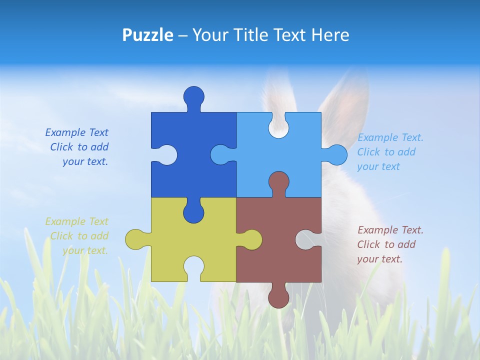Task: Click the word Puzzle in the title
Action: coord(148,35)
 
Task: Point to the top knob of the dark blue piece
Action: coord(194,96)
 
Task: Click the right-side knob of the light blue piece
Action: coord(336,154)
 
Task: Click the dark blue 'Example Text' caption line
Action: coord(76,132)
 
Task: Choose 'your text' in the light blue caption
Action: coord(378,166)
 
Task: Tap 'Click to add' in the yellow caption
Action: coord(79,236)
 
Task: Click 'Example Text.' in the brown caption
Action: coord(390,230)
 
